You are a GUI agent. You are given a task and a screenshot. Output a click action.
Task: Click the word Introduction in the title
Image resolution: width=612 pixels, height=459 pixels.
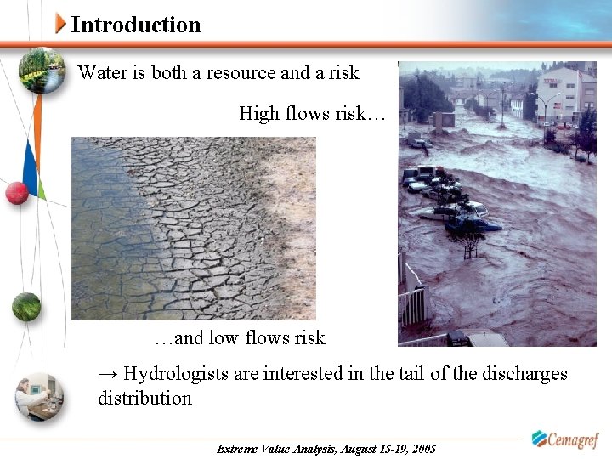click(x=136, y=25)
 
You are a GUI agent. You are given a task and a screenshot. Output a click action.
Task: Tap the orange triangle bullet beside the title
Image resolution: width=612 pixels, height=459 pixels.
click(x=60, y=24)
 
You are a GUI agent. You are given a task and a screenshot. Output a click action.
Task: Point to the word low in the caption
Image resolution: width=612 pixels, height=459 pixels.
click(x=223, y=337)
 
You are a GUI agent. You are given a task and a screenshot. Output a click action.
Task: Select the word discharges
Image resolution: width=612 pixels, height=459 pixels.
click(x=524, y=373)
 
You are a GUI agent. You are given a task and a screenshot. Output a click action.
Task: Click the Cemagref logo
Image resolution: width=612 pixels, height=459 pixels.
click(x=565, y=439)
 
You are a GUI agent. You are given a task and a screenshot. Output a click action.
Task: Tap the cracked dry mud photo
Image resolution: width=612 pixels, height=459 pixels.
click(x=193, y=228)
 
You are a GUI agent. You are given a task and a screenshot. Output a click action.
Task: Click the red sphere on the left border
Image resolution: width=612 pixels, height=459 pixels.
click(x=17, y=193)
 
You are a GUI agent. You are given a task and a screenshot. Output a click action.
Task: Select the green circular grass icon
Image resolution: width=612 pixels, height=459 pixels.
click(x=26, y=305)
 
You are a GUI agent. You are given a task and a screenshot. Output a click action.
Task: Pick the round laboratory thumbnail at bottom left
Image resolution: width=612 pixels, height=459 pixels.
click(x=39, y=396)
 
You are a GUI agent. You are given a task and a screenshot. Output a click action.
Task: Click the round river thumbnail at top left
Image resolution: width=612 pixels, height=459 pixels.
click(x=42, y=72)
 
